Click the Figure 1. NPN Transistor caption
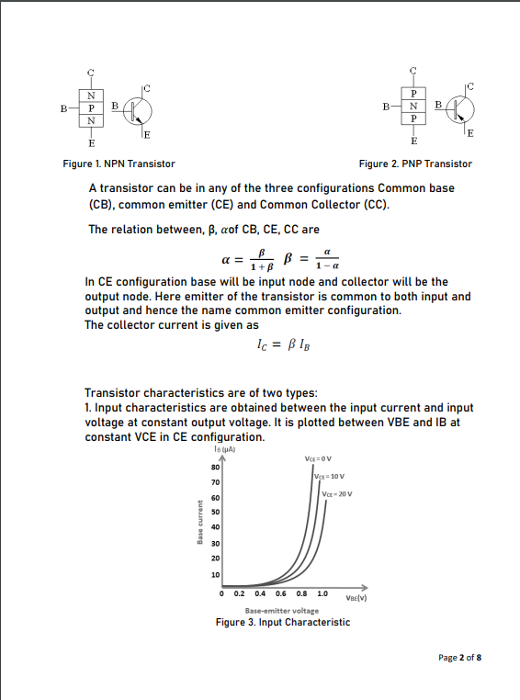[119, 164]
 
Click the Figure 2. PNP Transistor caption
[415, 164]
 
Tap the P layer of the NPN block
[90, 107]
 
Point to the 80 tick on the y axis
[215, 468]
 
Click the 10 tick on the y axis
[215, 574]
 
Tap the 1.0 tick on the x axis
[322, 593]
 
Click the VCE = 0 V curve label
[317, 459]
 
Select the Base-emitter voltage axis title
[282, 610]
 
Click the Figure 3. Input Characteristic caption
[282, 623]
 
